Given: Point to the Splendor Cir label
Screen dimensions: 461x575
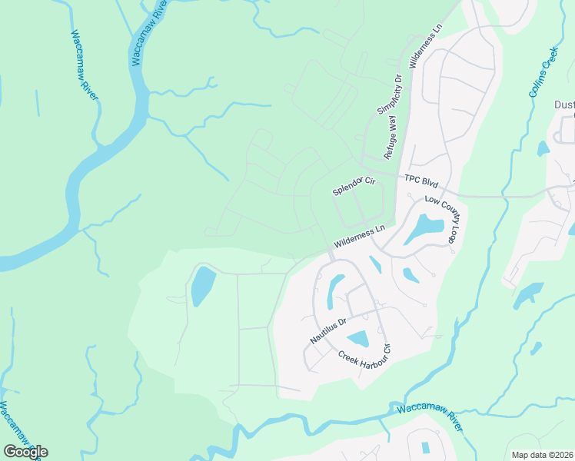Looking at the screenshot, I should point(353,185).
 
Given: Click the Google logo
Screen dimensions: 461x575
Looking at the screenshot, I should point(25,452).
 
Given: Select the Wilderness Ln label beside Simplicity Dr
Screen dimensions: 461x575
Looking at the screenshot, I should point(427,46).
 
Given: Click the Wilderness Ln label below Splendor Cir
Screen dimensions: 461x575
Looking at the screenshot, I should point(358,237).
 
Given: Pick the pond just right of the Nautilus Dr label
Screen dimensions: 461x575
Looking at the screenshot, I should point(358,338).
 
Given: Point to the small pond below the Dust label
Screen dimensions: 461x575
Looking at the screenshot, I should point(543,148).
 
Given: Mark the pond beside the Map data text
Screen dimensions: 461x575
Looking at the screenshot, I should point(426,447).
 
